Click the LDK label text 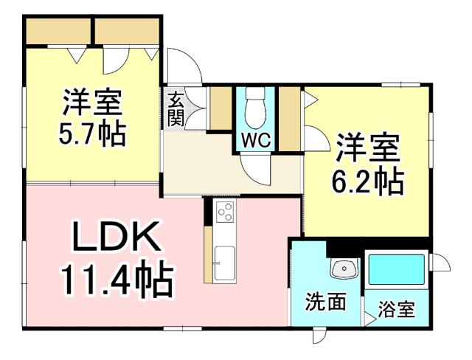click(116, 238)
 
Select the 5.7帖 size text click(91, 134)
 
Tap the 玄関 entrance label click(176, 109)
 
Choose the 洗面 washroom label click(325, 302)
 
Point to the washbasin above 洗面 click(343, 270)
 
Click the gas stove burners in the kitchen click(224, 212)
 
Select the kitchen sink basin click(224, 262)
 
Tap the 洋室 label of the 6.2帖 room click(369, 146)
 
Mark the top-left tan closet click(58, 31)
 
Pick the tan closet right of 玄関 click(221, 109)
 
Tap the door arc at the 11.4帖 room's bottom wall click(319, 336)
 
